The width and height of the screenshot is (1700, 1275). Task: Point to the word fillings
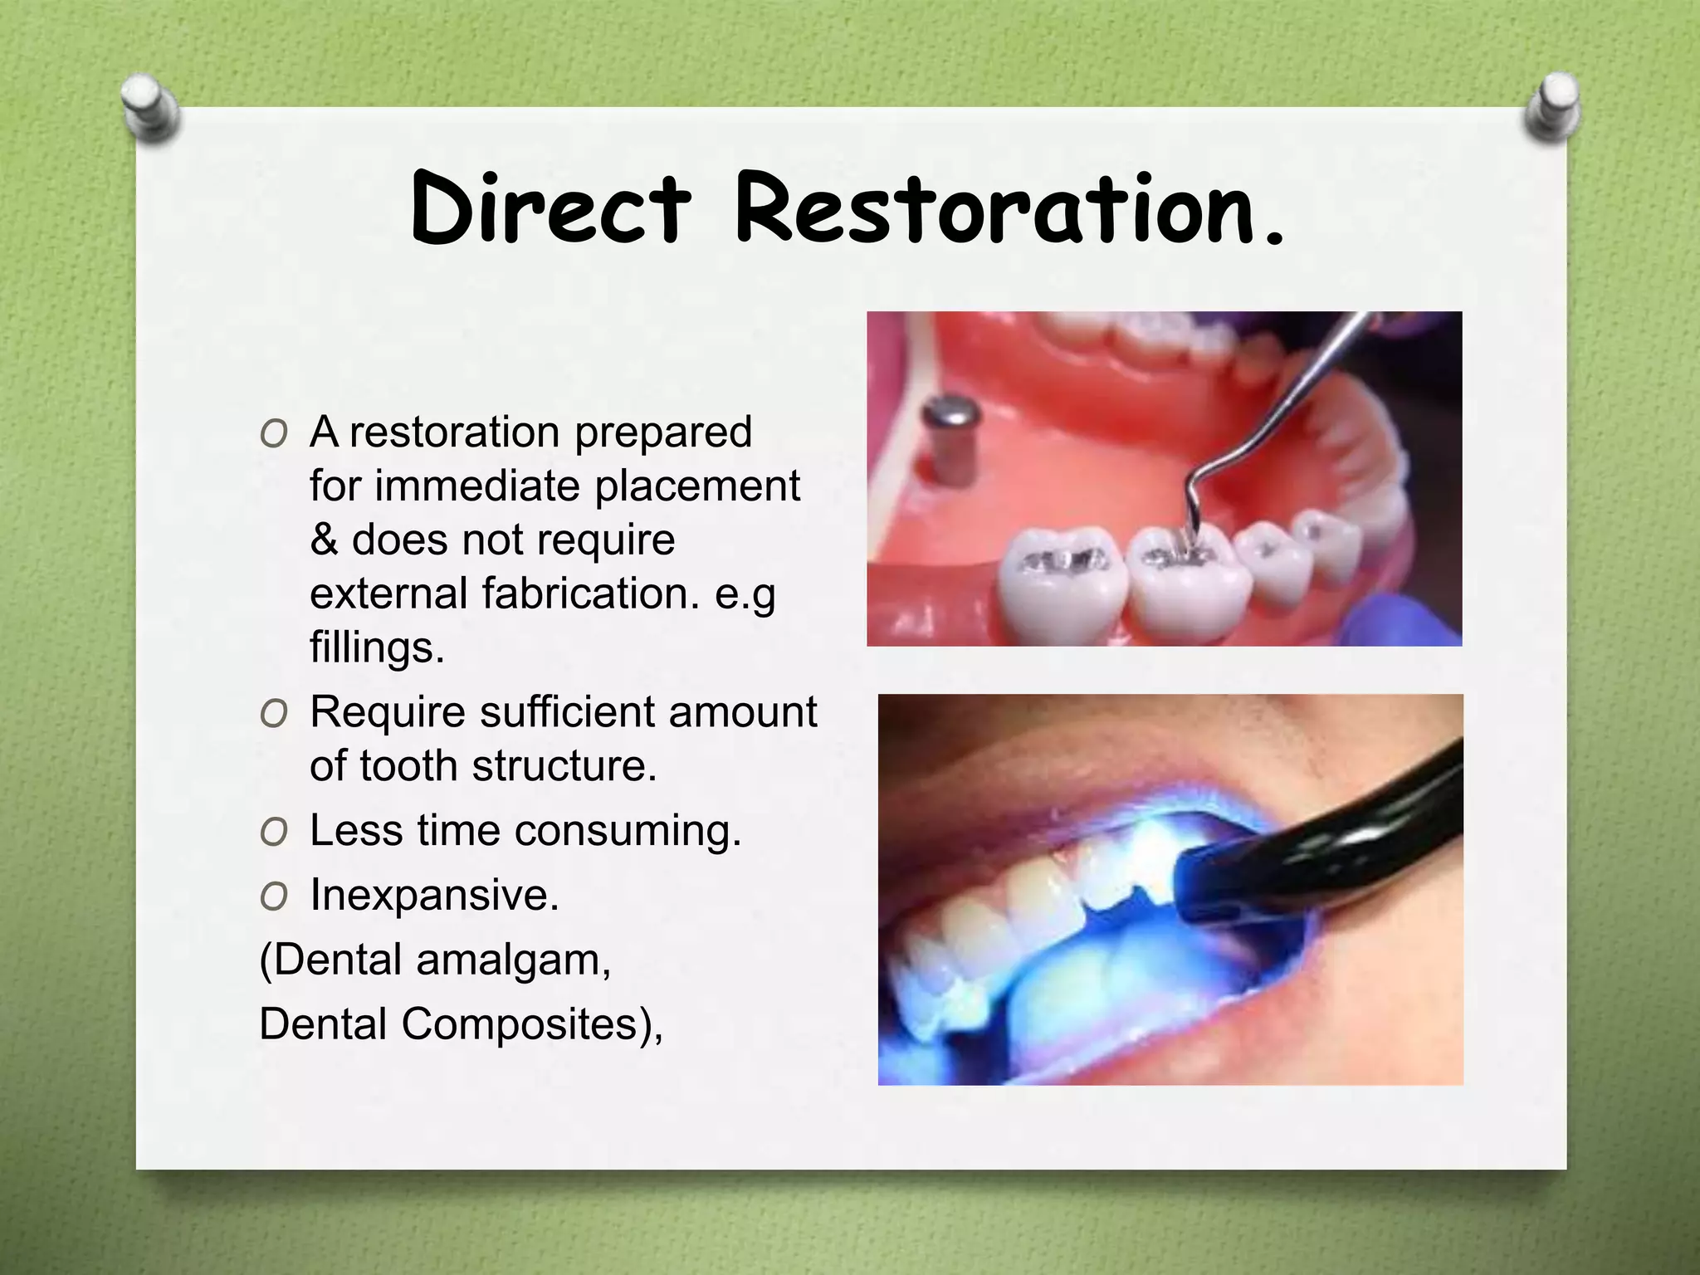[377, 647]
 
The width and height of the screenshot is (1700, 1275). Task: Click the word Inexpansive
[434, 895]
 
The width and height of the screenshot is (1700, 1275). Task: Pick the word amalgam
[513, 960]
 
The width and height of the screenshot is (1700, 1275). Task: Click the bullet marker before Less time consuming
[273, 832]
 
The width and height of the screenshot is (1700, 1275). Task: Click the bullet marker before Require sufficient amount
[273, 714]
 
